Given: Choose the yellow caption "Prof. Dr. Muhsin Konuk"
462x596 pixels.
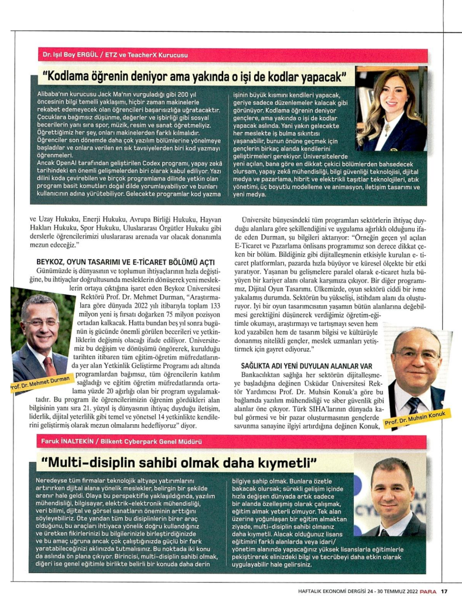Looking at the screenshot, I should tap(415, 420).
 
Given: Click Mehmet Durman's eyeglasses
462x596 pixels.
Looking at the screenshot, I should tap(41, 321).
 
